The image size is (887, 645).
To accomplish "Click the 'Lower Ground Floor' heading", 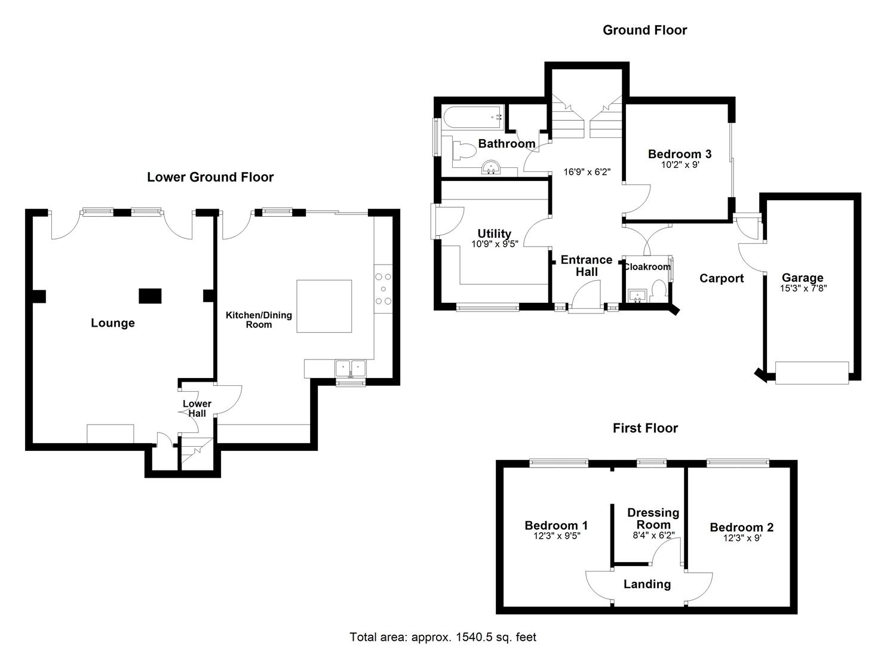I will point(210,177).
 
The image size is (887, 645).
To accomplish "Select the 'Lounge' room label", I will point(113,323).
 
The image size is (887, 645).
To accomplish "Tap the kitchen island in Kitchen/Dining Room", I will point(324,306).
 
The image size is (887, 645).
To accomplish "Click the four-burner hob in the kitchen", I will point(383,288).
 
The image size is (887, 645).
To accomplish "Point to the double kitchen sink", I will point(350,368).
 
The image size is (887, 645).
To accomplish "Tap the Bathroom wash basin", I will point(492,168).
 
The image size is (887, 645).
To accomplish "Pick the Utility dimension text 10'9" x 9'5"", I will point(495,244).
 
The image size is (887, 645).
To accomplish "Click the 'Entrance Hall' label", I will point(587,266).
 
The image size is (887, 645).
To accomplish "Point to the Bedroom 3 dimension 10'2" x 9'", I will point(679,165).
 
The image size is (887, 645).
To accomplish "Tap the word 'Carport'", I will point(722,278).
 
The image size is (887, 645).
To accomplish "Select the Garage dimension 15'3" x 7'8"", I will point(802,288).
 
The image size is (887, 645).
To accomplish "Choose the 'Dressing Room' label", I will point(653,518).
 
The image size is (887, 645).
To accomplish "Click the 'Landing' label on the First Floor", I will point(647,584).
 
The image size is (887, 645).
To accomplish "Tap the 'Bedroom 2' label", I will point(741,527).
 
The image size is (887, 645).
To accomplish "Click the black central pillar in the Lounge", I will point(150,296).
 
